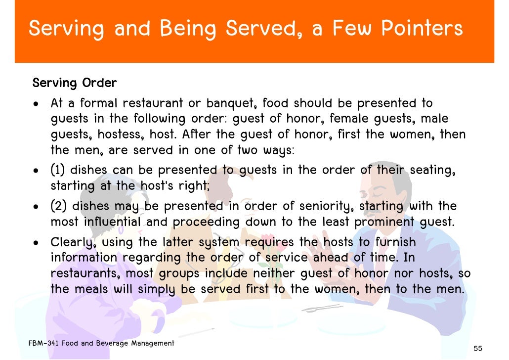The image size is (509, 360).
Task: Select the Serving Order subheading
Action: click(x=75, y=83)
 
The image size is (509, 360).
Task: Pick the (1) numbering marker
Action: click(x=58, y=171)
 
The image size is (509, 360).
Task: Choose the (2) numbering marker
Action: click(x=58, y=206)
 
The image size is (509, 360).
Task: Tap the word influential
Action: click(x=112, y=222)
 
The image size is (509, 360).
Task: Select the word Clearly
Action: click(x=69, y=243)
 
